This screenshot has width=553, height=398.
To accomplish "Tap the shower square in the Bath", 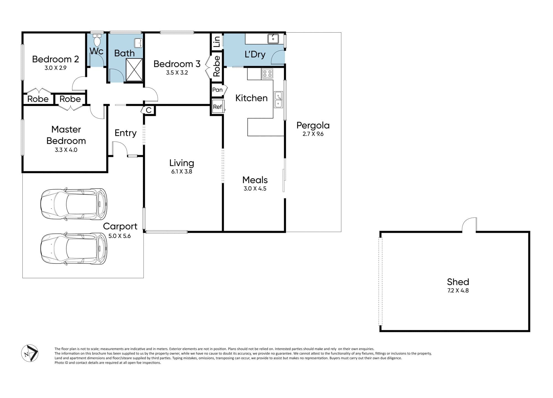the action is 134,70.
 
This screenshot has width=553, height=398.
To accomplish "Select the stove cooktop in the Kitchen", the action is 267,74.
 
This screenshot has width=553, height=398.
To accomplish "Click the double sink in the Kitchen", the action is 278,100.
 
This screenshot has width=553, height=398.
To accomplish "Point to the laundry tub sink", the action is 273,39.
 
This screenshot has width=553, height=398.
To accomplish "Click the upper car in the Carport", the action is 74,204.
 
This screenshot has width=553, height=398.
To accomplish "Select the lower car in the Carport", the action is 74,248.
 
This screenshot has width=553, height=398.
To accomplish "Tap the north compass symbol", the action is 30,353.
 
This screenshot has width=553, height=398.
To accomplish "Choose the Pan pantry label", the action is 217,90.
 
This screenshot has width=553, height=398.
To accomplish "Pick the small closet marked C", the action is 148,110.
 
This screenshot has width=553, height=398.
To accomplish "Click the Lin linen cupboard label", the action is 217,41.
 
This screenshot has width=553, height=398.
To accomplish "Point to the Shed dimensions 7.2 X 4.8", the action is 458,290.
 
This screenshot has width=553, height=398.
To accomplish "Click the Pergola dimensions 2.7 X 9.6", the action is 313,134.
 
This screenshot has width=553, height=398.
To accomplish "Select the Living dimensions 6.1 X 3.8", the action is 182,171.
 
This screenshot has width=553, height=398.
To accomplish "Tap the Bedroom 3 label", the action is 177,64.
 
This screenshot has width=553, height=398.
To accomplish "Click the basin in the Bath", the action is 138,43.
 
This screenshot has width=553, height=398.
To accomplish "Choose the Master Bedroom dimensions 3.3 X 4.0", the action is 66,150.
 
